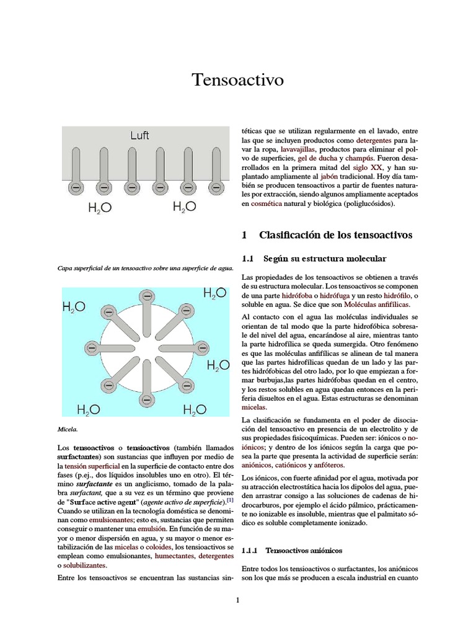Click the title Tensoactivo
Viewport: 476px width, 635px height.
[237, 80]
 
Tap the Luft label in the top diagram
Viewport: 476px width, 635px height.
[139, 135]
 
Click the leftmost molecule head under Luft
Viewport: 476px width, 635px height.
[75, 187]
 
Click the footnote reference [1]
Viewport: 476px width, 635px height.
[230, 499]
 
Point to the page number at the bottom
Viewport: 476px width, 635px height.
[237, 600]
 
